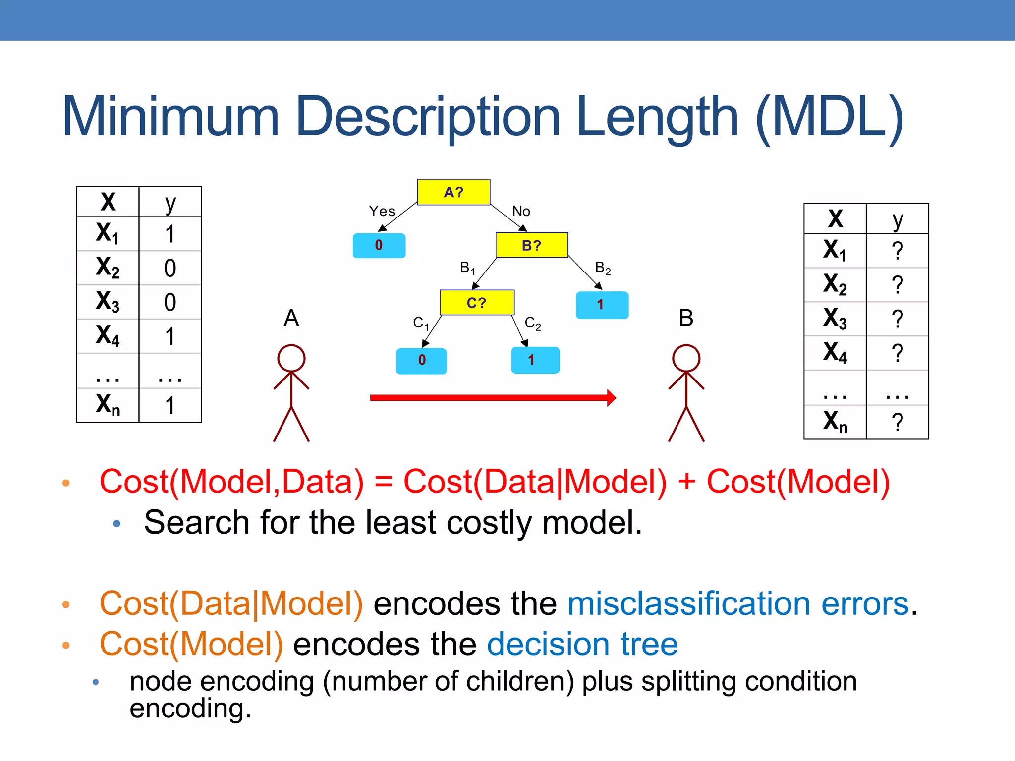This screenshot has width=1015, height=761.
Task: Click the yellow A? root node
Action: [x=453, y=192]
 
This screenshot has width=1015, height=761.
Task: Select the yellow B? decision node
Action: [x=532, y=245]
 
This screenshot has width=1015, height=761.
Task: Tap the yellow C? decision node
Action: [x=477, y=303]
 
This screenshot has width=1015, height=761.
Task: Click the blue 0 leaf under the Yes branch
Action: [x=379, y=245]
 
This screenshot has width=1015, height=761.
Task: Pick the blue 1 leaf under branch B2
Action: [x=602, y=305]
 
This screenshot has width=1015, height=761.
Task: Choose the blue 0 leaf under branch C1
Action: [x=421, y=360]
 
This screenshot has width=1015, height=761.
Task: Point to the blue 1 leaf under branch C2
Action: [x=535, y=360]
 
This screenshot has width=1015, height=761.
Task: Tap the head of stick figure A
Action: [x=291, y=358]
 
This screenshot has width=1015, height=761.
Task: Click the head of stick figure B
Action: [x=686, y=358]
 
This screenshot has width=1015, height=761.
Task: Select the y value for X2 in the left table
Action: [x=170, y=268]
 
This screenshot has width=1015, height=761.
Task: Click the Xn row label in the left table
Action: [x=108, y=405]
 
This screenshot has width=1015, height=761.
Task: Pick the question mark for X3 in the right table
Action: [x=897, y=319]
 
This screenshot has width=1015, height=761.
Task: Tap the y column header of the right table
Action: [x=897, y=219]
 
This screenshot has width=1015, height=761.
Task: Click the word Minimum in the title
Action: [x=171, y=117]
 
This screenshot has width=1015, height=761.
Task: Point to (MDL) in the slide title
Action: [x=830, y=118]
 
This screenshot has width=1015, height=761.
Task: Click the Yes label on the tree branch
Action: [x=382, y=212]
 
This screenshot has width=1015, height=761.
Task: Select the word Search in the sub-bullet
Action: [x=196, y=523]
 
